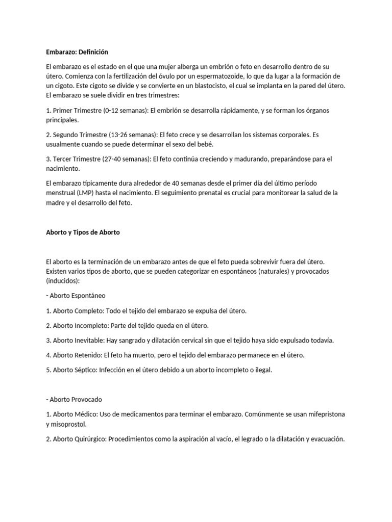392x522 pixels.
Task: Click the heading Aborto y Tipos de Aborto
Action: (83, 232)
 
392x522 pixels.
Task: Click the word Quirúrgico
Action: (89, 438)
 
